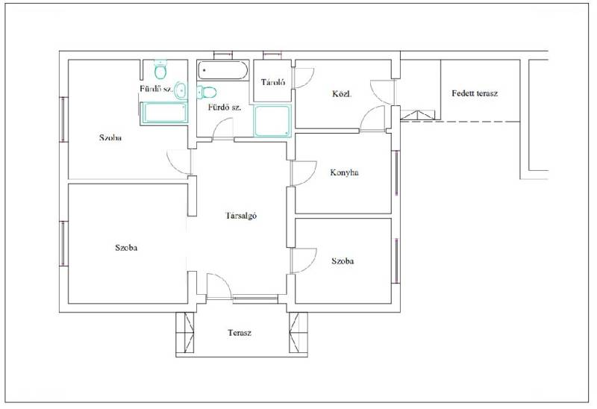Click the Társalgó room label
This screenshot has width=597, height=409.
pyautogui.click(x=241, y=216)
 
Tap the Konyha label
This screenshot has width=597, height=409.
pyautogui.click(x=344, y=172)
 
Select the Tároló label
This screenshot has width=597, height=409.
pyautogui.click(x=273, y=82)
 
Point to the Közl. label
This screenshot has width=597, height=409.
pyautogui.click(x=342, y=94)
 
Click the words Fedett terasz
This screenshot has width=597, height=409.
pyautogui.click(x=475, y=93)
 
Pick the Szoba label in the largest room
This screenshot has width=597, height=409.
pyautogui.click(x=126, y=248)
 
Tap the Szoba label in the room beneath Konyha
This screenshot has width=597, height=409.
pyautogui.click(x=343, y=261)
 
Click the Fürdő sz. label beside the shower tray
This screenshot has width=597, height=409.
pyautogui.click(x=225, y=107)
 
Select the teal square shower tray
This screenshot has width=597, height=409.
pyautogui.click(x=272, y=121)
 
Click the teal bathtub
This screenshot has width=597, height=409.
pyautogui.click(x=163, y=113)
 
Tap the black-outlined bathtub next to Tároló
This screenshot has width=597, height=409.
pyautogui.click(x=222, y=70)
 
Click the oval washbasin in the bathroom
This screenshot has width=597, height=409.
pyautogui.click(x=181, y=90)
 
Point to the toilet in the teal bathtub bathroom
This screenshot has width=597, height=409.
pyautogui.click(x=160, y=69)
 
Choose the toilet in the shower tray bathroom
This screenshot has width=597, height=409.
pyautogui.click(x=207, y=92)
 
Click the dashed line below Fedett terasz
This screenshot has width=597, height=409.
pyautogui.click(x=460, y=122)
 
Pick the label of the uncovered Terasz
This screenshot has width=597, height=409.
pyautogui.click(x=240, y=333)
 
